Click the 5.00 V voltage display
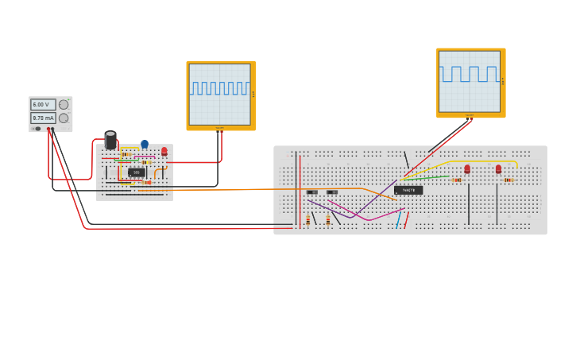pyautogui.click(x=42, y=105)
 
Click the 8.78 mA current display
pyautogui.click(x=42, y=118)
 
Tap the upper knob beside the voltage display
pyautogui.click(x=64, y=105)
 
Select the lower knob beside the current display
pyautogui.click(x=64, y=118)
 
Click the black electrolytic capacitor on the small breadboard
pyautogui.click(x=110, y=141)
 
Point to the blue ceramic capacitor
pyautogui.click(x=145, y=145)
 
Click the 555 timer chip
pyautogui.click(x=136, y=172)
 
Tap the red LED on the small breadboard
pyautogui.click(x=164, y=151)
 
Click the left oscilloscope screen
pyautogui.click(x=220, y=94)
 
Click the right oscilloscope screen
pyautogui.click(x=470, y=81)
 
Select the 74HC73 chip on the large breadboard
pyautogui.click(x=408, y=191)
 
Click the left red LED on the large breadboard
pyautogui.click(x=467, y=169)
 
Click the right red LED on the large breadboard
pyautogui.click(x=498, y=169)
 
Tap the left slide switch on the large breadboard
pyautogui.click(x=311, y=192)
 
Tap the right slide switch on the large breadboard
pyautogui.click(x=332, y=192)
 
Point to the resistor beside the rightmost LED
pyautogui.click(x=508, y=180)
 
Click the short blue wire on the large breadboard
pyautogui.click(x=399, y=220)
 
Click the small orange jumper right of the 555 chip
pyautogui.click(x=158, y=172)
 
